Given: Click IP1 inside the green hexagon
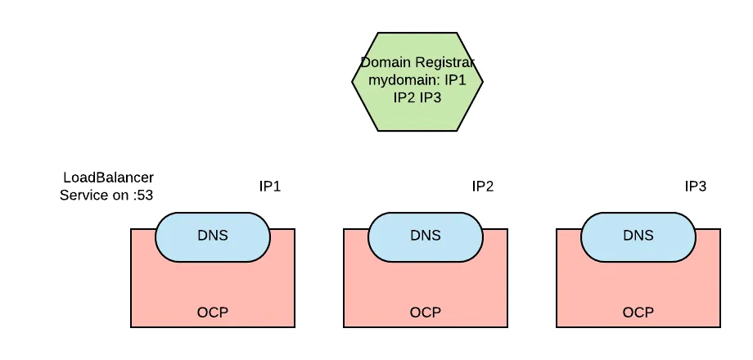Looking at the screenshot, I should [455, 80].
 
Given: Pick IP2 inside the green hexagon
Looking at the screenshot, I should [404, 97].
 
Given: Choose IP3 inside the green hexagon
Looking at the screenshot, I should [432, 97].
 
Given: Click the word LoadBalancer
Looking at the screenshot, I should [109, 178].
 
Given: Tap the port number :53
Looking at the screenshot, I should [142, 195].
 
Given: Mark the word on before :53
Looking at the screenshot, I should [119, 195].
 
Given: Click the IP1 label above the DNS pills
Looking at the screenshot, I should [270, 187].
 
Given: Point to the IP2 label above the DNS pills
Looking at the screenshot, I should [483, 187].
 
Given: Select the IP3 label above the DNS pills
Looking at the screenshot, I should [696, 187].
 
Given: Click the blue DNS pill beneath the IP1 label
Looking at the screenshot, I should [213, 236].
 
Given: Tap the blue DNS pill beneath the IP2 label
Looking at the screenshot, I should [426, 236].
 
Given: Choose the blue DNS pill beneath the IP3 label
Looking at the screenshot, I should [638, 236].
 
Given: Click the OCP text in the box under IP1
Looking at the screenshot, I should [213, 313].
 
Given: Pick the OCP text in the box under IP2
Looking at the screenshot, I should [426, 313].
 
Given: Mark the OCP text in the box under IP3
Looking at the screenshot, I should [638, 313].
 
